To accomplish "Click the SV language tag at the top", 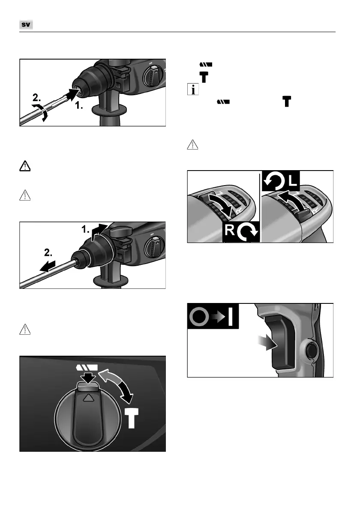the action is pos(26,24).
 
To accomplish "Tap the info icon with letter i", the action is pos(193,89).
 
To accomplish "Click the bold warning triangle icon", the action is pos(25,166).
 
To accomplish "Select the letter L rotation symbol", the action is pos(281,181).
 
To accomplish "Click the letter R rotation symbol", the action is pos(241,232).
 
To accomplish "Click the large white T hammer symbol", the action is pos(132,418).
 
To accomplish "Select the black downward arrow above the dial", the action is pos(88,378).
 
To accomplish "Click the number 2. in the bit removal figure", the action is pos(48,252).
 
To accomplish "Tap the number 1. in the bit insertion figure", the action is pos(79,105).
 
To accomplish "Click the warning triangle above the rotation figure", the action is pos(192,145).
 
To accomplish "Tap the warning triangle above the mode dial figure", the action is pos(25,330).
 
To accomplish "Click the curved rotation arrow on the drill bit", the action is pos(41,113).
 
